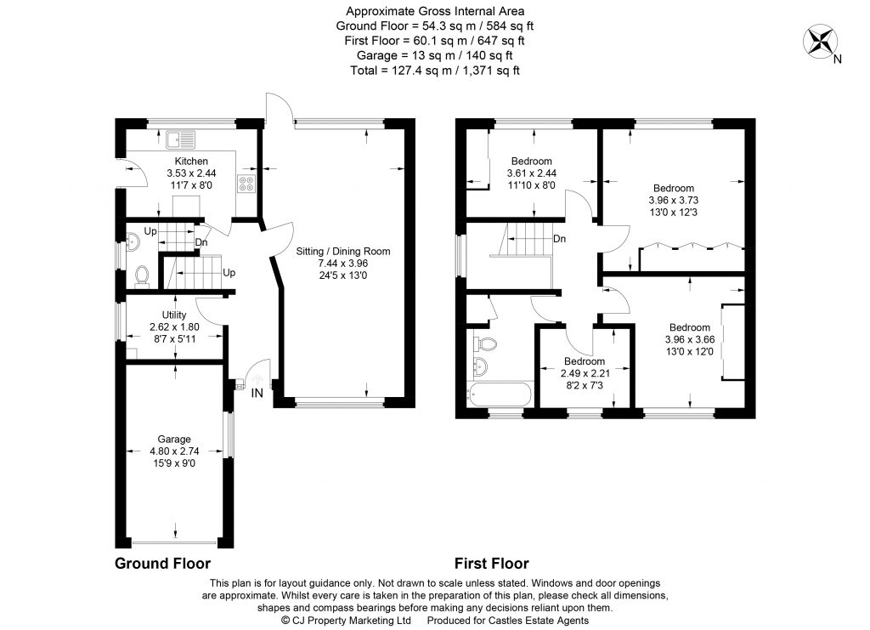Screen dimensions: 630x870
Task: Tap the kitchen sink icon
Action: (182, 138)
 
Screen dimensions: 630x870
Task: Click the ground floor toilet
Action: (142, 275)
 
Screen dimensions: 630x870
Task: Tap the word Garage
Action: (173, 440)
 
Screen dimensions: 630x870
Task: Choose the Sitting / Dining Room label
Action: (342, 252)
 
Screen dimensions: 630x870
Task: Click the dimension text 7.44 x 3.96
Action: (342, 264)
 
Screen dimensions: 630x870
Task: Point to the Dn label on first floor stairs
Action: (560, 239)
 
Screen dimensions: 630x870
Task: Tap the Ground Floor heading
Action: (162, 564)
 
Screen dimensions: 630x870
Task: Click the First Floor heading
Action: (491, 564)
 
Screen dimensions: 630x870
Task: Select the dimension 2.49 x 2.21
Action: (583, 373)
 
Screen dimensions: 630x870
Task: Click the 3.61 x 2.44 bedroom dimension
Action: (532, 173)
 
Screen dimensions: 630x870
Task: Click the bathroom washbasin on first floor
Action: (480, 367)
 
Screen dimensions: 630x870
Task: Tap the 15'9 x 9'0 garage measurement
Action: (173, 463)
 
